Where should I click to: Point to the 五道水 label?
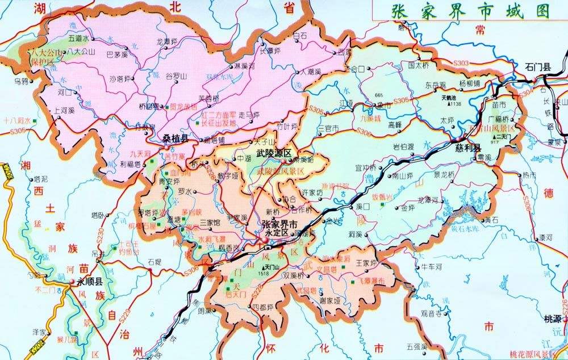coord(79,39)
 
